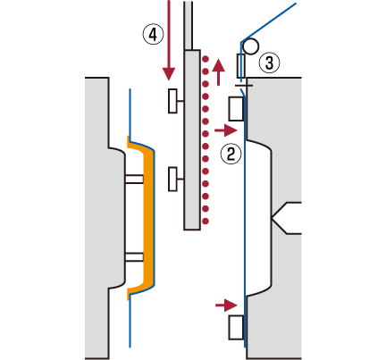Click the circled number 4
(153, 34)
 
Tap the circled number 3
(269, 63)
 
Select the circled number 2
(231, 154)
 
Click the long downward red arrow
(169, 40)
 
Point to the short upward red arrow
(219, 72)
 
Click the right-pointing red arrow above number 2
(226, 130)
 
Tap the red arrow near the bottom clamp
(226, 305)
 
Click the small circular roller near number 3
(250, 46)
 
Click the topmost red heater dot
(206, 58)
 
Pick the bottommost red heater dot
(206, 221)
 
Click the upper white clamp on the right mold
(237, 109)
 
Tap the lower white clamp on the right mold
(237, 328)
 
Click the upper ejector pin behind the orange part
(134, 179)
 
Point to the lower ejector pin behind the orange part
(134, 257)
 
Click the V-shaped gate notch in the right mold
(279, 218)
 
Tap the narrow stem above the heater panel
(189, 25)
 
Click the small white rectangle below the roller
(240, 66)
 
